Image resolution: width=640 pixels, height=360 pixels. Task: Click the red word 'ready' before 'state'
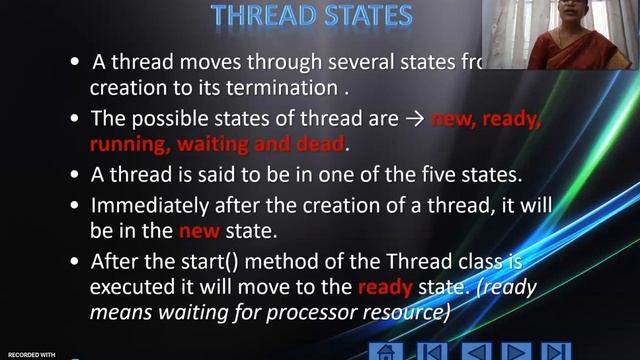pos(383,287)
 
